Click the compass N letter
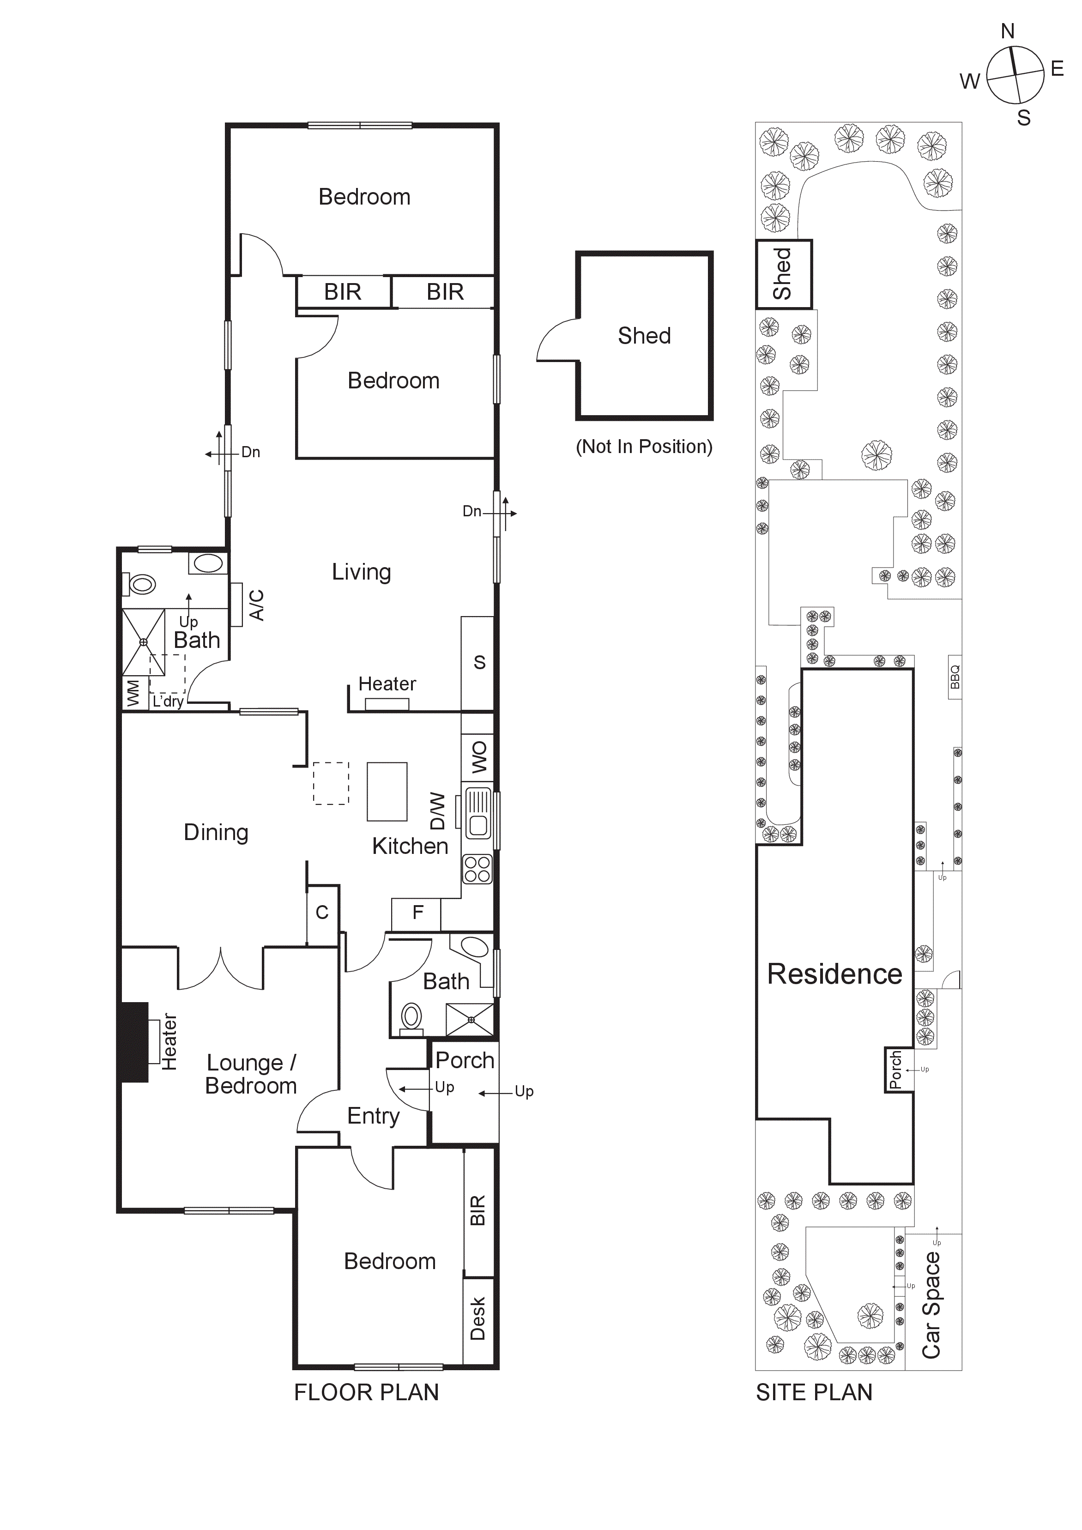(1007, 31)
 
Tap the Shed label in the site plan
(782, 274)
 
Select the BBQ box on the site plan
(955, 677)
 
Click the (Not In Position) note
(644, 447)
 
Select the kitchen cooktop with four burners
(477, 869)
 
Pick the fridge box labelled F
(417, 913)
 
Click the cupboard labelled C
(322, 913)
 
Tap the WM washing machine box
(134, 693)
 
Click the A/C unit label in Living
(256, 605)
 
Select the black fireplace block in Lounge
(134, 1042)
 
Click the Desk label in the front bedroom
(478, 1319)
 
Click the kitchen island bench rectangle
(387, 792)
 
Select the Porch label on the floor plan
(465, 1060)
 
